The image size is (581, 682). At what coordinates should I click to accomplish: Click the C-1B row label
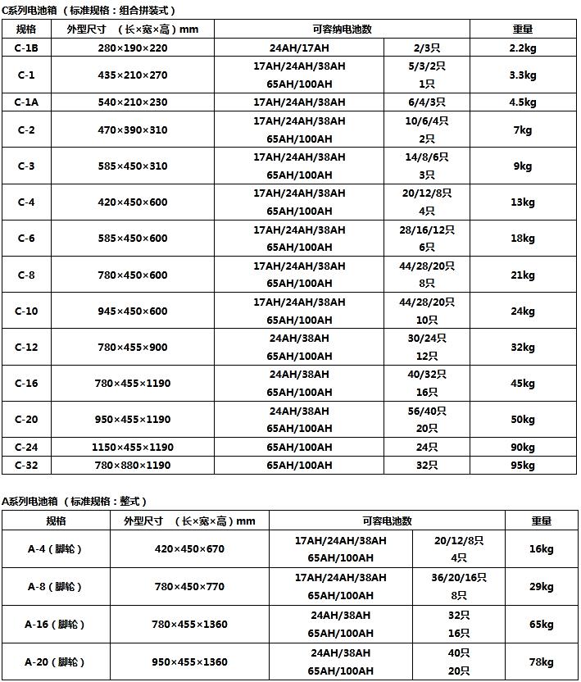pyautogui.click(x=26, y=48)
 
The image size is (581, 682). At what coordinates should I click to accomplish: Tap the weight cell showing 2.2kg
pyautogui.click(x=522, y=48)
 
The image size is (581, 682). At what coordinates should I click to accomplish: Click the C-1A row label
pyautogui.click(x=26, y=102)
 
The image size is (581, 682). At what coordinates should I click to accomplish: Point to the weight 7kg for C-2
pyautogui.click(x=522, y=130)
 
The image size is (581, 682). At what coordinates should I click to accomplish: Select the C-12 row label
pyautogui.click(x=26, y=347)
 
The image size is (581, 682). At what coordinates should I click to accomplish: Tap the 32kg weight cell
pyautogui.click(x=522, y=347)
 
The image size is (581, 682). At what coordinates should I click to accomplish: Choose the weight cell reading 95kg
pyautogui.click(x=522, y=466)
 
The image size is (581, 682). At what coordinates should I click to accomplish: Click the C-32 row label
pyautogui.click(x=26, y=466)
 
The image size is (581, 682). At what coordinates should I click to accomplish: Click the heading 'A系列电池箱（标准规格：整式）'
pyautogui.click(x=75, y=501)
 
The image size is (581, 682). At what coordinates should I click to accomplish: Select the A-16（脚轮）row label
pyautogui.click(x=55, y=625)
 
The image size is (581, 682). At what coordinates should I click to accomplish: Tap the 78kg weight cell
pyautogui.click(x=541, y=662)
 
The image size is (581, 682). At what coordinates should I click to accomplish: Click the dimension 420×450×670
pyautogui.click(x=189, y=549)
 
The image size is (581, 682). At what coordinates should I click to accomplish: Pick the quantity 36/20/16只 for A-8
pyautogui.click(x=459, y=578)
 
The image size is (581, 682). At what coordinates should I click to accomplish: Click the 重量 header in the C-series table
pyautogui.click(x=522, y=29)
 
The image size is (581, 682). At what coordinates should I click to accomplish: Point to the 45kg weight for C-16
pyautogui.click(x=522, y=384)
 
